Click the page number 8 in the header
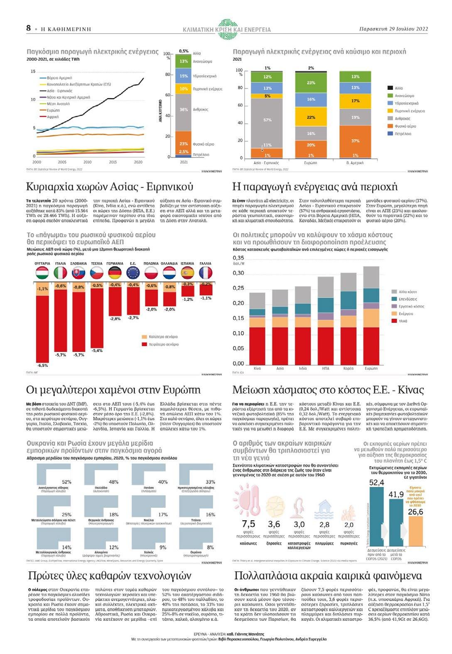click(x=28, y=28)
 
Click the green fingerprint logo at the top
click(x=227, y=28)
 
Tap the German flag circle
click(x=115, y=273)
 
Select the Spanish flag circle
click(x=187, y=273)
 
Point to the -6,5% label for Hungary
click(x=42, y=366)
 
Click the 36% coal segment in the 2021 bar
click(x=184, y=110)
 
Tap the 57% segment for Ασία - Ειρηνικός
click(x=267, y=120)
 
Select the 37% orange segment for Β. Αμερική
click(x=355, y=141)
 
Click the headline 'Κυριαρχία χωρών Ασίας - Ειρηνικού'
click(x=110, y=187)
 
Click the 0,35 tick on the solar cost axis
click(x=238, y=258)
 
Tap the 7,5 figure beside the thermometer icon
click(x=248, y=524)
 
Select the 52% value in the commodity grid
click(x=66, y=482)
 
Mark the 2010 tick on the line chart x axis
click(x=87, y=162)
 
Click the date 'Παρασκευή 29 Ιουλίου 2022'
click(x=393, y=29)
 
